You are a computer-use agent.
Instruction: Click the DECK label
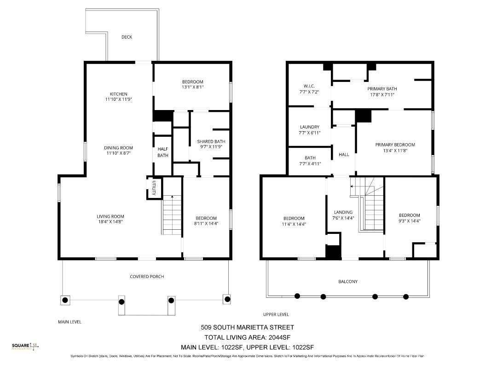coord(127,37)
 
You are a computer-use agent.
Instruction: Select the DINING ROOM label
coord(118,148)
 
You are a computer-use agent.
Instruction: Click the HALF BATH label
coord(162,152)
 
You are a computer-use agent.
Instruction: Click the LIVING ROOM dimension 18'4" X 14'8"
coord(110,222)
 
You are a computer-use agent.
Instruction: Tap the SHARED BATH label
coord(211,141)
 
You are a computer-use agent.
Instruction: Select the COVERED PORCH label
coord(147,277)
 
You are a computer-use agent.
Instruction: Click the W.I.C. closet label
coord(308,86)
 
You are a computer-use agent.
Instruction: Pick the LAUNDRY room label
coord(309,127)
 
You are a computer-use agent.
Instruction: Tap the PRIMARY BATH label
coord(382,89)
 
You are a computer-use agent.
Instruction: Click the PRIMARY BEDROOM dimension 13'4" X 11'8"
coord(395,150)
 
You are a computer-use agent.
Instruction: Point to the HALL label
coord(344,155)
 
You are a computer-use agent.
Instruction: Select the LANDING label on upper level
coord(343,212)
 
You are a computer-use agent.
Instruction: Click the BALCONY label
coord(348,281)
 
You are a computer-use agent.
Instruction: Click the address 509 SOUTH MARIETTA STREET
coord(248,328)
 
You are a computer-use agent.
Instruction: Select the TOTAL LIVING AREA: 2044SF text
coord(248,337)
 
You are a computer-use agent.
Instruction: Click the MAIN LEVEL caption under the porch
coord(69,322)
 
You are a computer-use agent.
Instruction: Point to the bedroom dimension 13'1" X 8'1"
coord(192,87)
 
